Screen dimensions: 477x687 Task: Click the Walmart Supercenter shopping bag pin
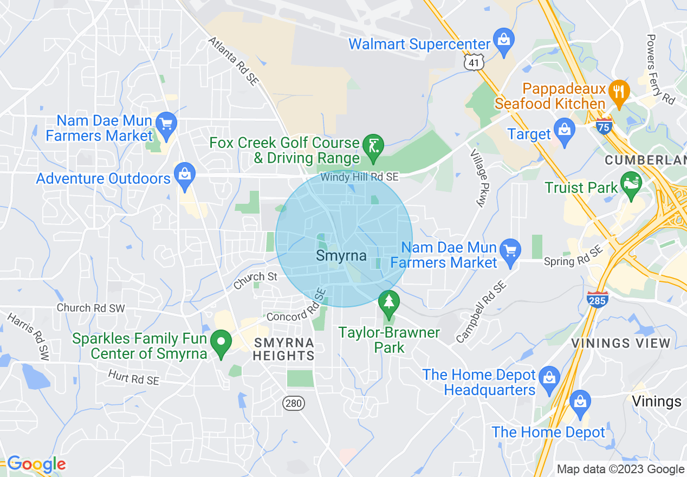pyautogui.click(x=504, y=41)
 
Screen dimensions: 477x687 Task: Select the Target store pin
pyautogui.click(x=565, y=131)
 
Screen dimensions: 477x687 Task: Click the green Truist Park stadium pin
pyautogui.click(x=631, y=184)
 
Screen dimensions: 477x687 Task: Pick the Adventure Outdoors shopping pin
pyautogui.click(x=185, y=176)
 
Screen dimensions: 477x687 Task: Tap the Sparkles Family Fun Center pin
pyautogui.click(x=221, y=343)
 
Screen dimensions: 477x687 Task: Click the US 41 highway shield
pyautogui.click(x=474, y=63)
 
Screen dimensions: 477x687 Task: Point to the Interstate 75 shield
pyautogui.click(x=603, y=126)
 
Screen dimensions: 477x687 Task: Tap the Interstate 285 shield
pyautogui.click(x=597, y=299)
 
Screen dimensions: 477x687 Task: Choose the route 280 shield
pyautogui.click(x=293, y=403)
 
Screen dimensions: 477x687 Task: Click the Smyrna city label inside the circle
pyautogui.click(x=341, y=255)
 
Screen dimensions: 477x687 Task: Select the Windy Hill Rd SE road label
pyautogui.click(x=359, y=177)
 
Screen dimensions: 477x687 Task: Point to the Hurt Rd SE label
pyautogui.click(x=133, y=377)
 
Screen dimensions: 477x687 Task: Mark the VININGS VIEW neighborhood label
pyautogui.click(x=621, y=343)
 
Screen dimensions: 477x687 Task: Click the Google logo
pyautogui.click(x=36, y=465)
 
